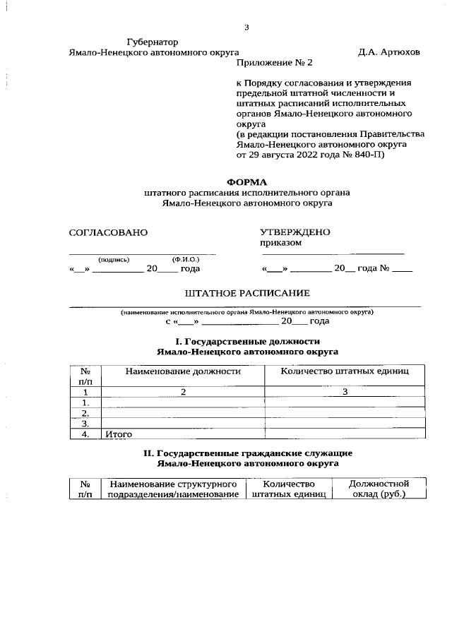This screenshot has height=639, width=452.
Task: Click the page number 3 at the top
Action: [x=246, y=28]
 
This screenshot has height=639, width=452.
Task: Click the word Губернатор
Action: [x=153, y=42]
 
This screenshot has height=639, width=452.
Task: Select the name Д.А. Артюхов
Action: [x=388, y=52]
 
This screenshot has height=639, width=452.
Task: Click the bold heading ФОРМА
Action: [x=246, y=181]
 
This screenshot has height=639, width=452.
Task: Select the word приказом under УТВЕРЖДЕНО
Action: [x=280, y=242]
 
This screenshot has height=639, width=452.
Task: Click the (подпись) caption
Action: [x=114, y=259]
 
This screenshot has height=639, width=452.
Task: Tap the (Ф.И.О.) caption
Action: [x=186, y=259]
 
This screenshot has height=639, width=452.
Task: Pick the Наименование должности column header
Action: [x=183, y=371]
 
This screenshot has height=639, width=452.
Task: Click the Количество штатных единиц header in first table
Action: [x=344, y=371]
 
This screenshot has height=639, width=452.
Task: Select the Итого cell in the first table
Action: [x=119, y=434]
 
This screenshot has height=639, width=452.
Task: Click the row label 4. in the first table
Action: [x=85, y=434]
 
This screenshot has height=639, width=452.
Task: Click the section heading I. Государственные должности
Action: [x=246, y=341]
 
